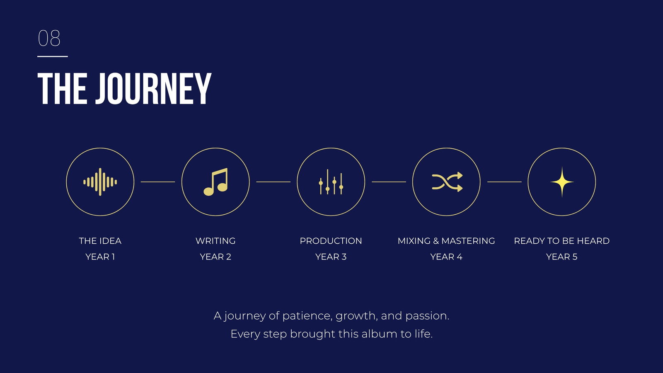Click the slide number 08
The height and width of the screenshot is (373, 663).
pos(49,38)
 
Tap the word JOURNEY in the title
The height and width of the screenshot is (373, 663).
pos(153,89)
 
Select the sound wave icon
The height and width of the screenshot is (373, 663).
pos(100,182)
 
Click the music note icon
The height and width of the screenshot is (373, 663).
pos(215,182)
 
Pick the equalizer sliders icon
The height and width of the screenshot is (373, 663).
pos(331,182)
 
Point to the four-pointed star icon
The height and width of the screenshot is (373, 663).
pos(562,182)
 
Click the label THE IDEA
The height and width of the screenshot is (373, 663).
pos(100,241)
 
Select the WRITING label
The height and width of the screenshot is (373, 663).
pos(215,241)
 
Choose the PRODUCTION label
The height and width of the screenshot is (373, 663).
pos(331,241)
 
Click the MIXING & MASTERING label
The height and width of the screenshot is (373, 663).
pos(446,241)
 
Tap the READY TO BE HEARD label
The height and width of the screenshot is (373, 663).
pos(562,241)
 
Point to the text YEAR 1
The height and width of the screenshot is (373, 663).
pos(100,257)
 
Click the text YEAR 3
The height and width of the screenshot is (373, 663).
pos(331,257)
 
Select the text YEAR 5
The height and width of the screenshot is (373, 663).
pos(562,257)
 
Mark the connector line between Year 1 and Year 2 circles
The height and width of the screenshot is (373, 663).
pos(158,182)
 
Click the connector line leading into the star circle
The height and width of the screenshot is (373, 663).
pos(504,182)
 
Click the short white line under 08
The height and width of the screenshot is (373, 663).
pos(53,56)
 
